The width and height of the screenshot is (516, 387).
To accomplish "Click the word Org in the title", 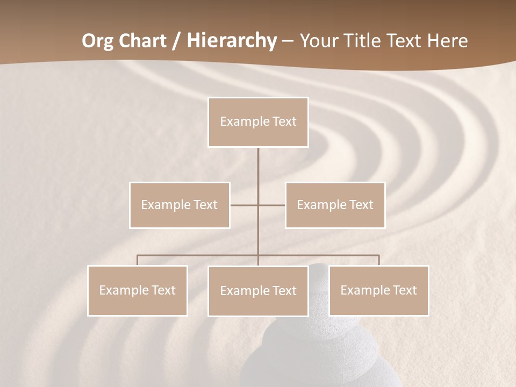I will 97,41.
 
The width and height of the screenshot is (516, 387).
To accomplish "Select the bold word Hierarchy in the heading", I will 231,41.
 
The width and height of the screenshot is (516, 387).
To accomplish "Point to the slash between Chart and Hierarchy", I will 176,41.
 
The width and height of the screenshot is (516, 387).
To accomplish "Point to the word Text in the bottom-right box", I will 404,290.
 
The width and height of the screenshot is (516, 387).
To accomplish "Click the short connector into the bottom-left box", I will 138,260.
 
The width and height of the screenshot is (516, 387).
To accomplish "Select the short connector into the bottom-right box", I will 378,260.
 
